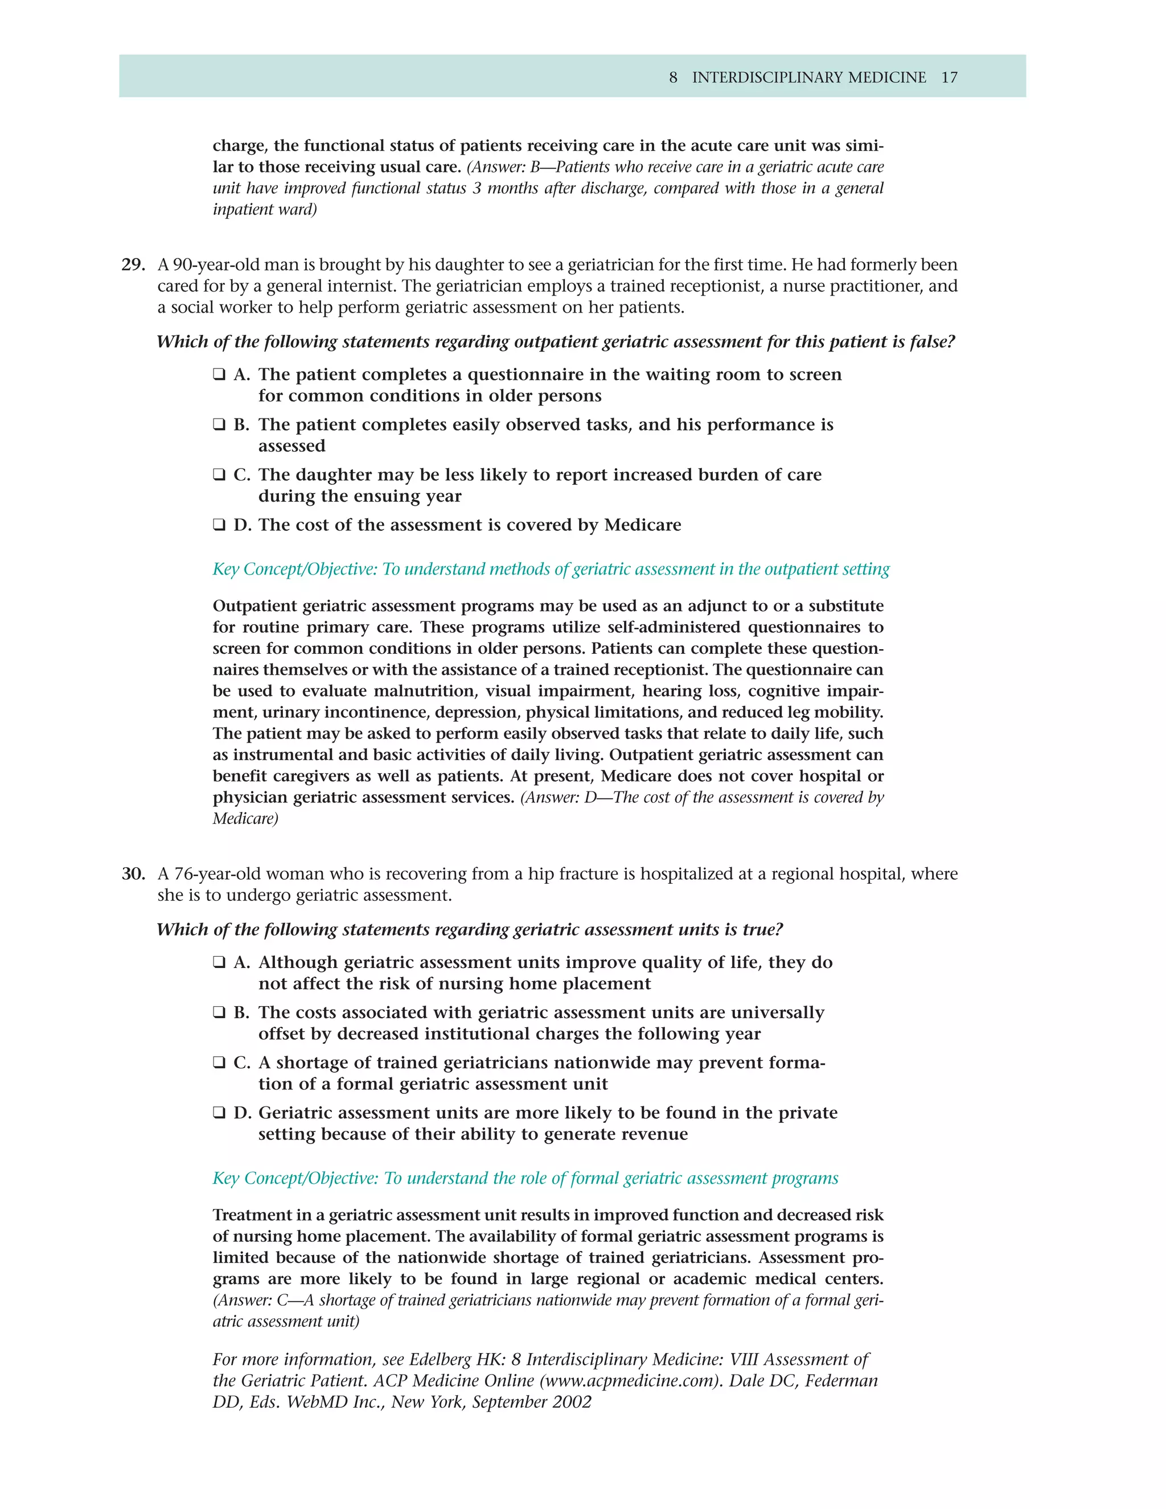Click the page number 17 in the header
[x=949, y=77]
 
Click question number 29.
[x=133, y=265]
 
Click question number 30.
[x=133, y=874]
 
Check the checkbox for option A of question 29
[x=219, y=375]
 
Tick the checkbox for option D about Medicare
[x=219, y=525]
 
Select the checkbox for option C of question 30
[x=219, y=1063]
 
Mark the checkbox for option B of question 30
[x=219, y=1013]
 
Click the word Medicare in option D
[x=642, y=525]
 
